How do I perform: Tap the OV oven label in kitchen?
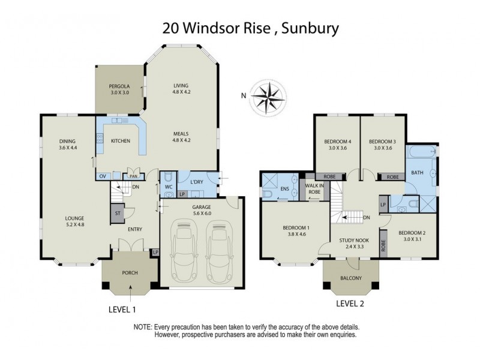click(102, 176)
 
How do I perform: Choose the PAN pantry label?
click(132, 177)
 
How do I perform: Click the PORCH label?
click(130, 273)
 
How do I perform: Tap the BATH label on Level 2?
click(416, 173)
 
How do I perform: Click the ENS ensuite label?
click(284, 189)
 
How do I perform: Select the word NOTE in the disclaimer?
click(143, 327)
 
